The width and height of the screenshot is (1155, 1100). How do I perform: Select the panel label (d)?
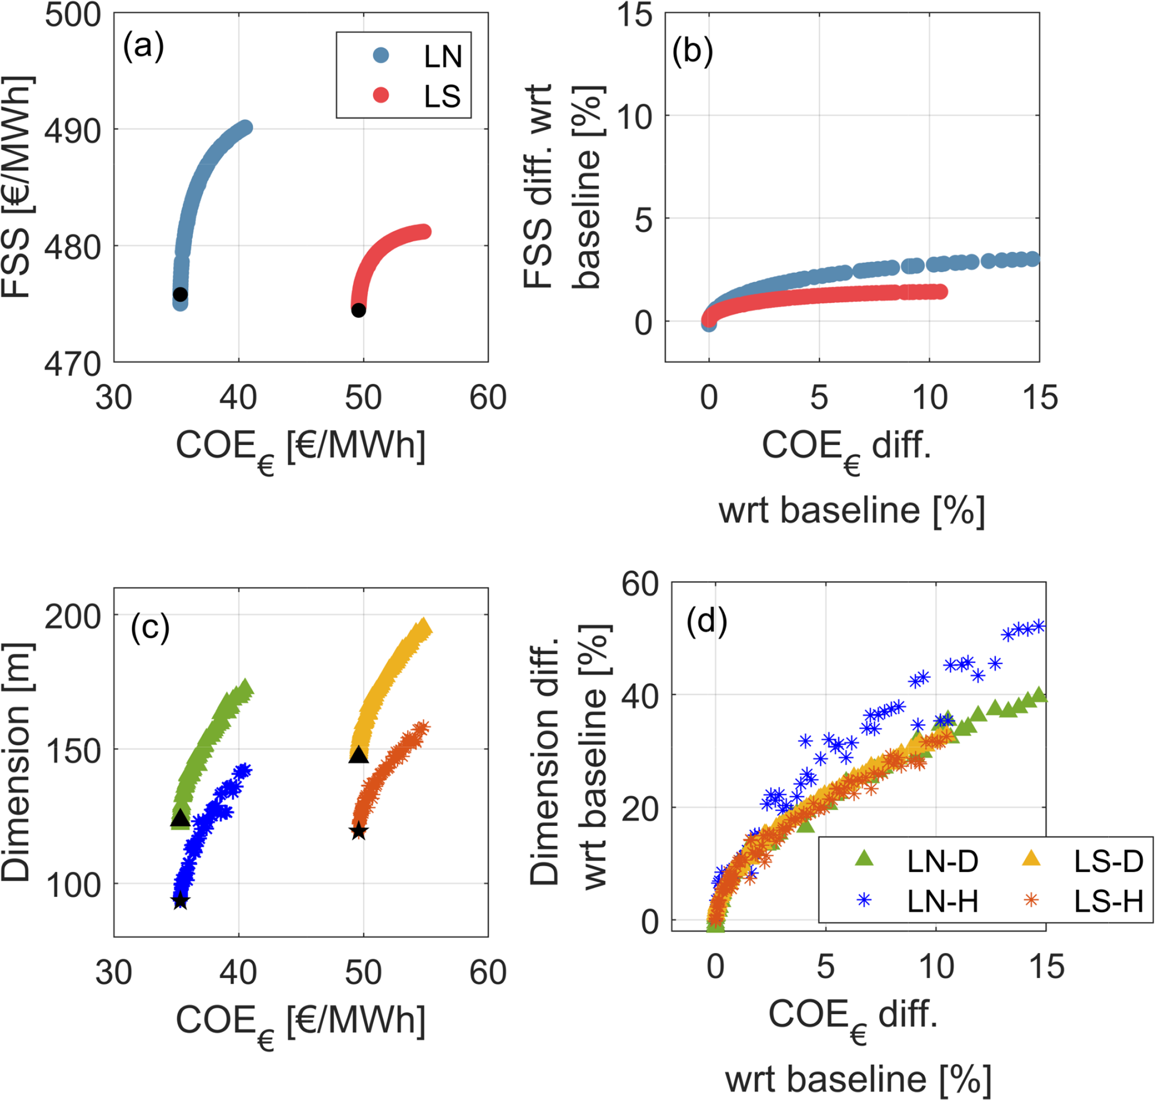pos(707,620)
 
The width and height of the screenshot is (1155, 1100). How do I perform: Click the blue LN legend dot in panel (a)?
pos(381,56)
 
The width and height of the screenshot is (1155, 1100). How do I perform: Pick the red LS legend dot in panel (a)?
pos(381,95)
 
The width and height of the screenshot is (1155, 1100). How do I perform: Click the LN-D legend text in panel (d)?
pos(942,861)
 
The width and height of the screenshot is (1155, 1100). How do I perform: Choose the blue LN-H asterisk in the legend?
pos(864,900)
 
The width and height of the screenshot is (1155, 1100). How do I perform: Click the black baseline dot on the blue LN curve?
pos(180,294)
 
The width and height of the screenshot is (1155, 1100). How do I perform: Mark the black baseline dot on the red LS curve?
pos(359,311)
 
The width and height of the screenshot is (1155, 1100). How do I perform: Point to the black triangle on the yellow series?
pos(359,754)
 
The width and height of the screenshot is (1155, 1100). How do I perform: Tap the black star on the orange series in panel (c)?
pos(359,831)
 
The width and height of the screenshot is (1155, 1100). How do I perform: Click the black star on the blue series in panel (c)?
pos(180,900)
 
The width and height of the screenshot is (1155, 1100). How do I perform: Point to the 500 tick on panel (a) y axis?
pos(73,14)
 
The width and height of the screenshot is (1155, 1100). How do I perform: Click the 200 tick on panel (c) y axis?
pos(73,616)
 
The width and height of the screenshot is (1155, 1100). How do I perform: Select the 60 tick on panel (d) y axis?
pos(640,584)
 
